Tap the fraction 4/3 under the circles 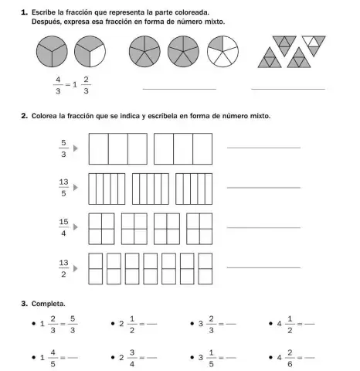(x=57, y=84)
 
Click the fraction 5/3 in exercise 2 (x=63, y=148)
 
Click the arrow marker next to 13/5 (x=76, y=188)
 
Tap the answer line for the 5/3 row (x=263, y=147)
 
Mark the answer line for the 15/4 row (x=263, y=227)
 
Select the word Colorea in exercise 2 (x=46, y=116)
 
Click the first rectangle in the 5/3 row (x=117, y=148)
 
